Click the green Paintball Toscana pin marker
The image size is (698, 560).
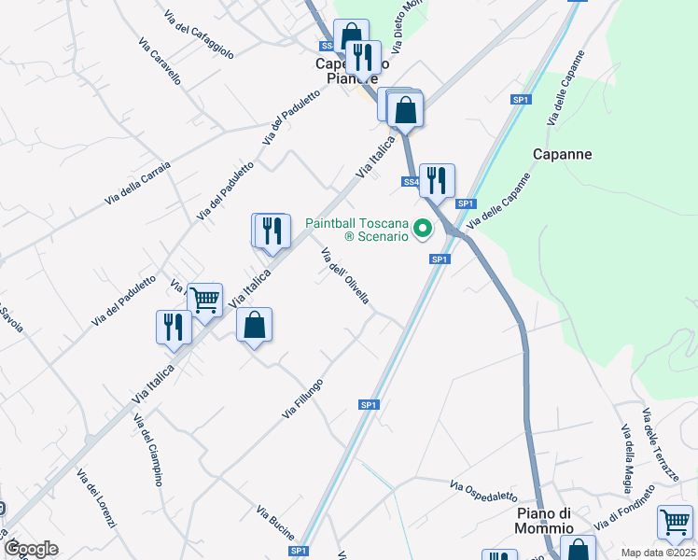[423, 228]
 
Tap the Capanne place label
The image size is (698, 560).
[563, 154]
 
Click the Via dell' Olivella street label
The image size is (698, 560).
[345, 276]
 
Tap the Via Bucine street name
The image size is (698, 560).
[275, 522]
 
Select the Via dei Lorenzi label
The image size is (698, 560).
[96, 498]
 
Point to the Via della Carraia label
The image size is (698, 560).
[137, 183]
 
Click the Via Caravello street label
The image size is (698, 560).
[159, 62]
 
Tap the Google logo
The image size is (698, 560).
[31, 549]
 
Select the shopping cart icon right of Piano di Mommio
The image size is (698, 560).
[675, 521]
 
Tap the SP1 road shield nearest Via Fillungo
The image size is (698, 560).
[369, 404]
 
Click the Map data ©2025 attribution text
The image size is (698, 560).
[659, 553]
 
